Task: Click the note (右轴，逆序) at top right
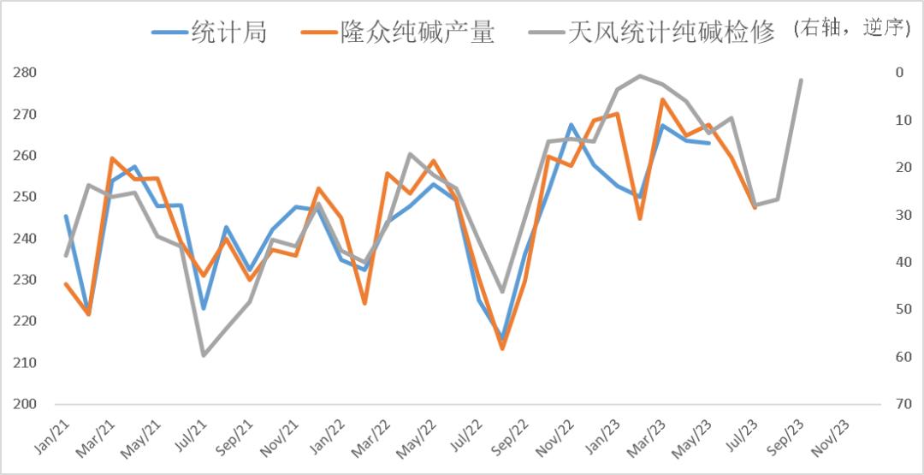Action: [850, 29]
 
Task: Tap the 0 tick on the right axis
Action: [899, 73]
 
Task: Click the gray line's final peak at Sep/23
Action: [801, 80]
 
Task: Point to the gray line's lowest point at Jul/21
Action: [204, 355]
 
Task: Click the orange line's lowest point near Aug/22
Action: [502, 348]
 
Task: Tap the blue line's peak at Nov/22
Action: [571, 125]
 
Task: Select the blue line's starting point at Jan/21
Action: [66, 216]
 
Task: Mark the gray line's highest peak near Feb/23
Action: [640, 76]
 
